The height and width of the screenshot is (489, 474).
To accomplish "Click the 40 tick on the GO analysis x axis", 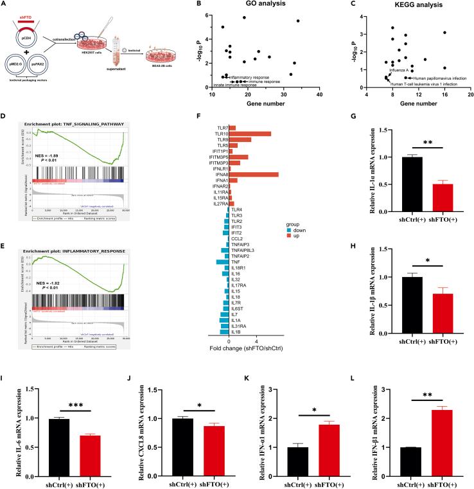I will [x=320, y=95].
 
